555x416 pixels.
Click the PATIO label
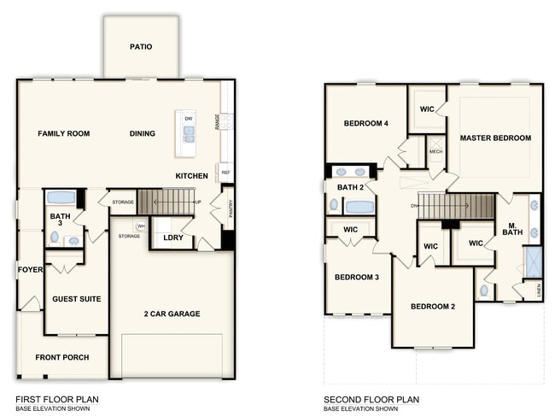click(x=141, y=47)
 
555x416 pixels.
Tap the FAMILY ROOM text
click(x=63, y=133)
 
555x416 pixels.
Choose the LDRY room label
click(x=173, y=237)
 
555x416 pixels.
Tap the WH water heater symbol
click(x=142, y=226)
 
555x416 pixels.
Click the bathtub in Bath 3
click(x=61, y=197)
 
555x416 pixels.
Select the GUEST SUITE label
click(x=76, y=299)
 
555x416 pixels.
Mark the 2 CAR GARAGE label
click(x=172, y=313)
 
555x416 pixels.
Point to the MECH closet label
click(x=435, y=151)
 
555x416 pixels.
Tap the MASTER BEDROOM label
click(x=495, y=138)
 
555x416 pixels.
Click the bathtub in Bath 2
click(x=359, y=206)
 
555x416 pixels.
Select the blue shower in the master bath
click(x=534, y=261)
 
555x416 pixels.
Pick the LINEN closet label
click(x=539, y=291)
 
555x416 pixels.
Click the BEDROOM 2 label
click(x=432, y=307)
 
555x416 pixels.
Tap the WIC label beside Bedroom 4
click(x=427, y=109)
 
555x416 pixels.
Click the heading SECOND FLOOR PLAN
click(x=371, y=399)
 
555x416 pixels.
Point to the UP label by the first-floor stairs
click(x=199, y=202)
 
